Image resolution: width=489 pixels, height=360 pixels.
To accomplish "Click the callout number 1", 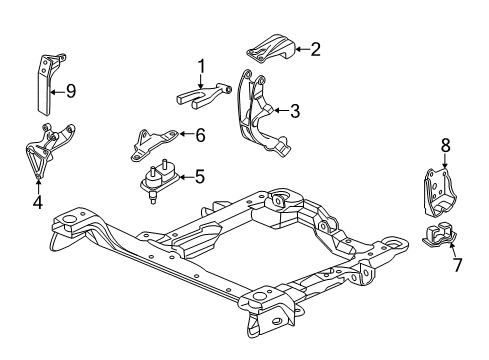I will pos(201,66).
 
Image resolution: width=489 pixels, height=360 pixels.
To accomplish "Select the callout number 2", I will pos(315,47).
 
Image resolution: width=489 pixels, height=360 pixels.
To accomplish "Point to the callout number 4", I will pos(37,201).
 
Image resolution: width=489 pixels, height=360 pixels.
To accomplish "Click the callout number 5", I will pos(199,177).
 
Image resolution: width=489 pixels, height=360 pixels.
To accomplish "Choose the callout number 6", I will pos(200,134).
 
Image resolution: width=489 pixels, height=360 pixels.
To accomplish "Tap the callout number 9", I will pos(70,91).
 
